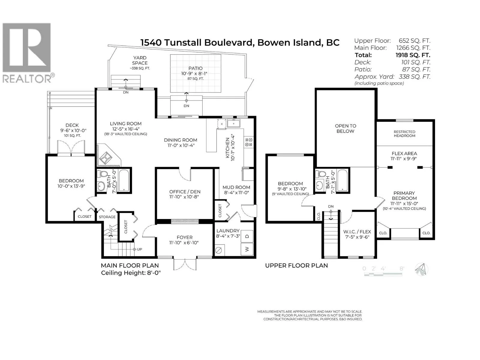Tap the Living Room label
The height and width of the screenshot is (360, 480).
[125, 124]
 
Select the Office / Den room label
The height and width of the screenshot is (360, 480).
[185, 191]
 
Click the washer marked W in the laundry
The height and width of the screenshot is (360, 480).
[247, 249]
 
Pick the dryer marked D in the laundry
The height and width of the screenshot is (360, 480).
[247, 236]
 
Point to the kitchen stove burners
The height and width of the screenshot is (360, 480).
[249, 142]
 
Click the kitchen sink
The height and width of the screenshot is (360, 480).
[233, 124]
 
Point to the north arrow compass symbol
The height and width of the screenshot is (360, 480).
[421, 269]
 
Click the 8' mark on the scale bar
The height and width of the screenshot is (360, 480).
[401, 268]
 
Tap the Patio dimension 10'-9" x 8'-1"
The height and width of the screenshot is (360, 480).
[194, 73]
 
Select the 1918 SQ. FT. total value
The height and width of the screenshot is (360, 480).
[413, 55]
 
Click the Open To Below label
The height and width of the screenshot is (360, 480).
[345, 128]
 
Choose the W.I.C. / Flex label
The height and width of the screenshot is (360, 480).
[357, 232]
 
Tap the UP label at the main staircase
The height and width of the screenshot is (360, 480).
[139, 249]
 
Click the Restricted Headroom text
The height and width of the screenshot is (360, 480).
[404, 133]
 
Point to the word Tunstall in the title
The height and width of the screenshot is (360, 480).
[184, 42]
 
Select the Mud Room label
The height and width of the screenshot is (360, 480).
[236, 187]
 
